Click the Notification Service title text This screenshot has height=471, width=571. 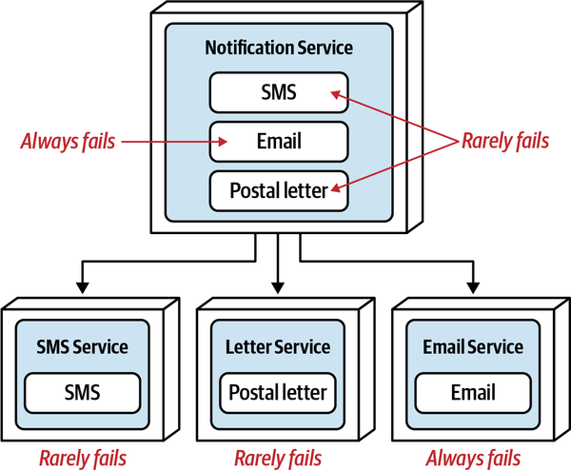click(x=279, y=47)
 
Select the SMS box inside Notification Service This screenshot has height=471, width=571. click(x=279, y=92)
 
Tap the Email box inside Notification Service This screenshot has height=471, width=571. click(x=279, y=142)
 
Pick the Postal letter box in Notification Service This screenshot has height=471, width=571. click(x=279, y=190)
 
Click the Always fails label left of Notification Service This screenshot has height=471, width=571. click(x=68, y=142)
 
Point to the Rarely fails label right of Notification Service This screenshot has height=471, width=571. click(x=504, y=142)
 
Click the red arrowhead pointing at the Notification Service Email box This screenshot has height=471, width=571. click(x=223, y=142)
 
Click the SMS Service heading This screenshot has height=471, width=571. click(x=81, y=347)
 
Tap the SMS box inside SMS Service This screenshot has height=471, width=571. click(x=81, y=391)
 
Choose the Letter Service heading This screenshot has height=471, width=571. click(x=278, y=347)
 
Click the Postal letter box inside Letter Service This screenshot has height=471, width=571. click(x=278, y=391)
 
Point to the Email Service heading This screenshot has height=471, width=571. click(x=473, y=347)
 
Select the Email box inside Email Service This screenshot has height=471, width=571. click(x=473, y=391)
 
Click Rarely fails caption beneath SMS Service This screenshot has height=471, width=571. click(x=82, y=457)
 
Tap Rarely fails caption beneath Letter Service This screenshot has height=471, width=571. click(x=278, y=457)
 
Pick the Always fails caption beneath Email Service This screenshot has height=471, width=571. click(x=473, y=457)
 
